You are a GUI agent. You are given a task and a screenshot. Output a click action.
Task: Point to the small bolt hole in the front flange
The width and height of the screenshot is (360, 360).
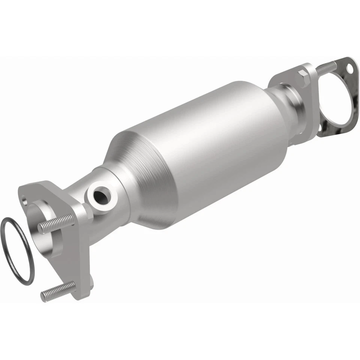click(x=25, y=202)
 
